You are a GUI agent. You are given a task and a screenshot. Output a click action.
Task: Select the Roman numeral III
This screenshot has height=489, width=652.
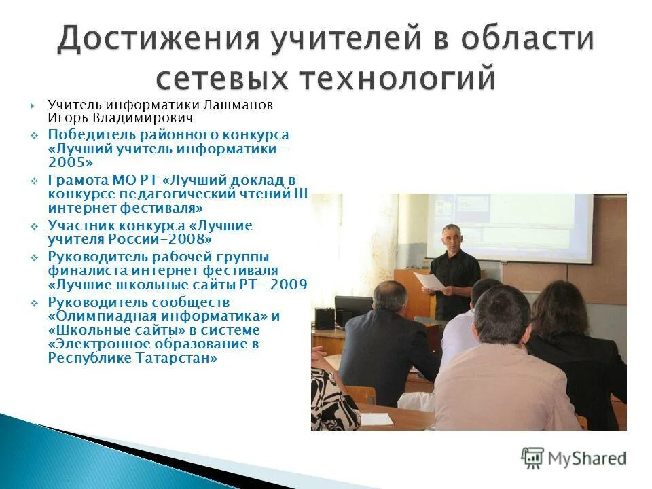[300, 194]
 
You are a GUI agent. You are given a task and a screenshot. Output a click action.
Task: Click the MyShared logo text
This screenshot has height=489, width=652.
[585, 458]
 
